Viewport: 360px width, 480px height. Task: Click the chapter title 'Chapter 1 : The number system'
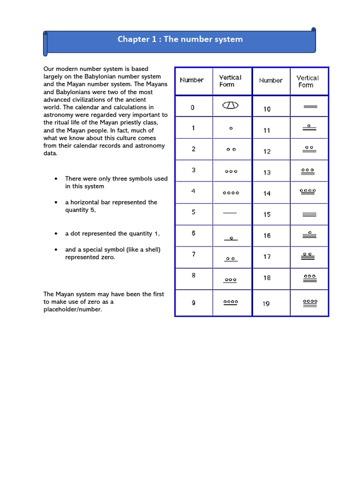(x=180, y=39)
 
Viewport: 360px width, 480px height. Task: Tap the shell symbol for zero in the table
(x=230, y=106)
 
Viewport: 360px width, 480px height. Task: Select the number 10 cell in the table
(x=267, y=109)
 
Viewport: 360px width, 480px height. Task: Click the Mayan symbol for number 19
(x=310, y=303)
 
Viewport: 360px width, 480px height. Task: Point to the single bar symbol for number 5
(x=230, y=213)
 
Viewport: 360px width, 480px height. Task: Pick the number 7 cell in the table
(x=194, y=255)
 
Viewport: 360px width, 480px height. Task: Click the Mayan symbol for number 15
(x=310, y=215)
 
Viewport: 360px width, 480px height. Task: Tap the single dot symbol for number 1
(x=231, y=128)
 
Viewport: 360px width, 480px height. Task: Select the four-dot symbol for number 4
(x=231, y=193)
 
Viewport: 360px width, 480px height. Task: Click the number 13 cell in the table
(x=267, y=172)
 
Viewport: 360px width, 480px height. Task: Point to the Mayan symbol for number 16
(x=310, y=235)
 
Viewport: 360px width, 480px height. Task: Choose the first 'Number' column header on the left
(x=192, y=80)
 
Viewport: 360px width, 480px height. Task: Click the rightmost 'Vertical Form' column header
(x=307, y=82)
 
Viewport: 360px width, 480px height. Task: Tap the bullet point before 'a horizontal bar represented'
(x=56, y=202)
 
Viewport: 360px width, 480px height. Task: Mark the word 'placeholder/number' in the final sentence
(x=73, y=309)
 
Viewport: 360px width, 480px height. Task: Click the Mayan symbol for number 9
(x=230, y=303)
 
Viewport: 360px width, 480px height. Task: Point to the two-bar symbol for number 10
(x=310, y=107)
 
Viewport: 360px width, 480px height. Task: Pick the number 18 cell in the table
(x=267, y=278)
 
